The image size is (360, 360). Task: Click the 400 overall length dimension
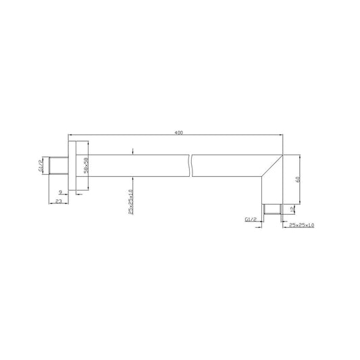(x=178, y=132)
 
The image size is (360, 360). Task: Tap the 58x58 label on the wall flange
(x=85, y=164)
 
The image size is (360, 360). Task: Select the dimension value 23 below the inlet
(x=59, y=202)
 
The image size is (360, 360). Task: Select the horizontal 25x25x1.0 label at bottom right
(x=302, y=224)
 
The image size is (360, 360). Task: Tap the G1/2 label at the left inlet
(x=41, y=164)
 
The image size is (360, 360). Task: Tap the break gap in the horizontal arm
(x=192, y=165)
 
